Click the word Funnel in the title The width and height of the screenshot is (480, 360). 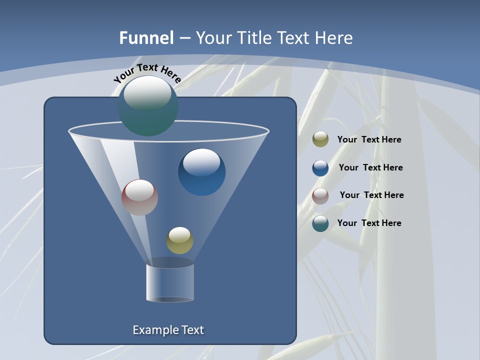[x=146, y=38]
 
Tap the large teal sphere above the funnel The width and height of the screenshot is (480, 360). [x=148, y=106]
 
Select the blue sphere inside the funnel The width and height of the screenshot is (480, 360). [x=201, y=172]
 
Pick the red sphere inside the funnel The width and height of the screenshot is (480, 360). [x=139, y=197]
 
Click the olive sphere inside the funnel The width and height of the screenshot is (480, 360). [x=179, y=240]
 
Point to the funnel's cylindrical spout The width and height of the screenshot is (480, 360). [x=170, y=282]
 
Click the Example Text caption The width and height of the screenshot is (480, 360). [x=168, y=330]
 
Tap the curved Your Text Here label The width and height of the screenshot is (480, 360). [x=147, y=73]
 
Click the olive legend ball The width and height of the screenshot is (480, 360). [x=320, y=139]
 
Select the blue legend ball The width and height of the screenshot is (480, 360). [x=320, y=168]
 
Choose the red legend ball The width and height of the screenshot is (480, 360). [x=320, y=196]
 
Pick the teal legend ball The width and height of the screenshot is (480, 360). [x=320, y=223]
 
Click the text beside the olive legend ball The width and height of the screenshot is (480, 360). [x=369, y=140]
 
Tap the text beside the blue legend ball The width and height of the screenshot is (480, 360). [x=370, y=168]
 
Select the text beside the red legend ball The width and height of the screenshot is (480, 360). [x=371, y=195]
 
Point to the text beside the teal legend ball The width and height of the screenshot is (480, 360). [x=369, y=223]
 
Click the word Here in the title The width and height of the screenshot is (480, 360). [x=335, y=38]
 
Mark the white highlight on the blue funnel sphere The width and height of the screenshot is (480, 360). [x=201, y=162]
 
